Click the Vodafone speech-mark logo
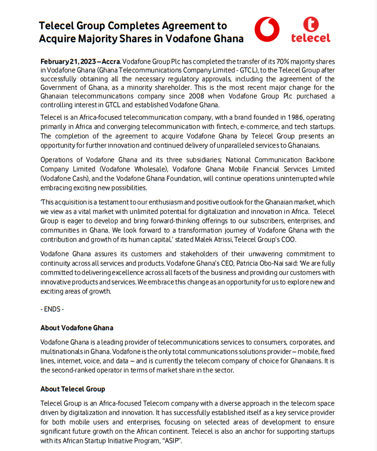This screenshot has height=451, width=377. (266, 29)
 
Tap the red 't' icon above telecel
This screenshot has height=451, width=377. (311, 24)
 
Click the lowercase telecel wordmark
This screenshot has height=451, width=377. (311, 38)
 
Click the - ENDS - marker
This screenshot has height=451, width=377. (52, 308)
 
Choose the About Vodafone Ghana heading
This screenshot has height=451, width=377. (77, 328)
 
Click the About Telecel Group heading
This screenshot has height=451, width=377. (73, 389)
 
